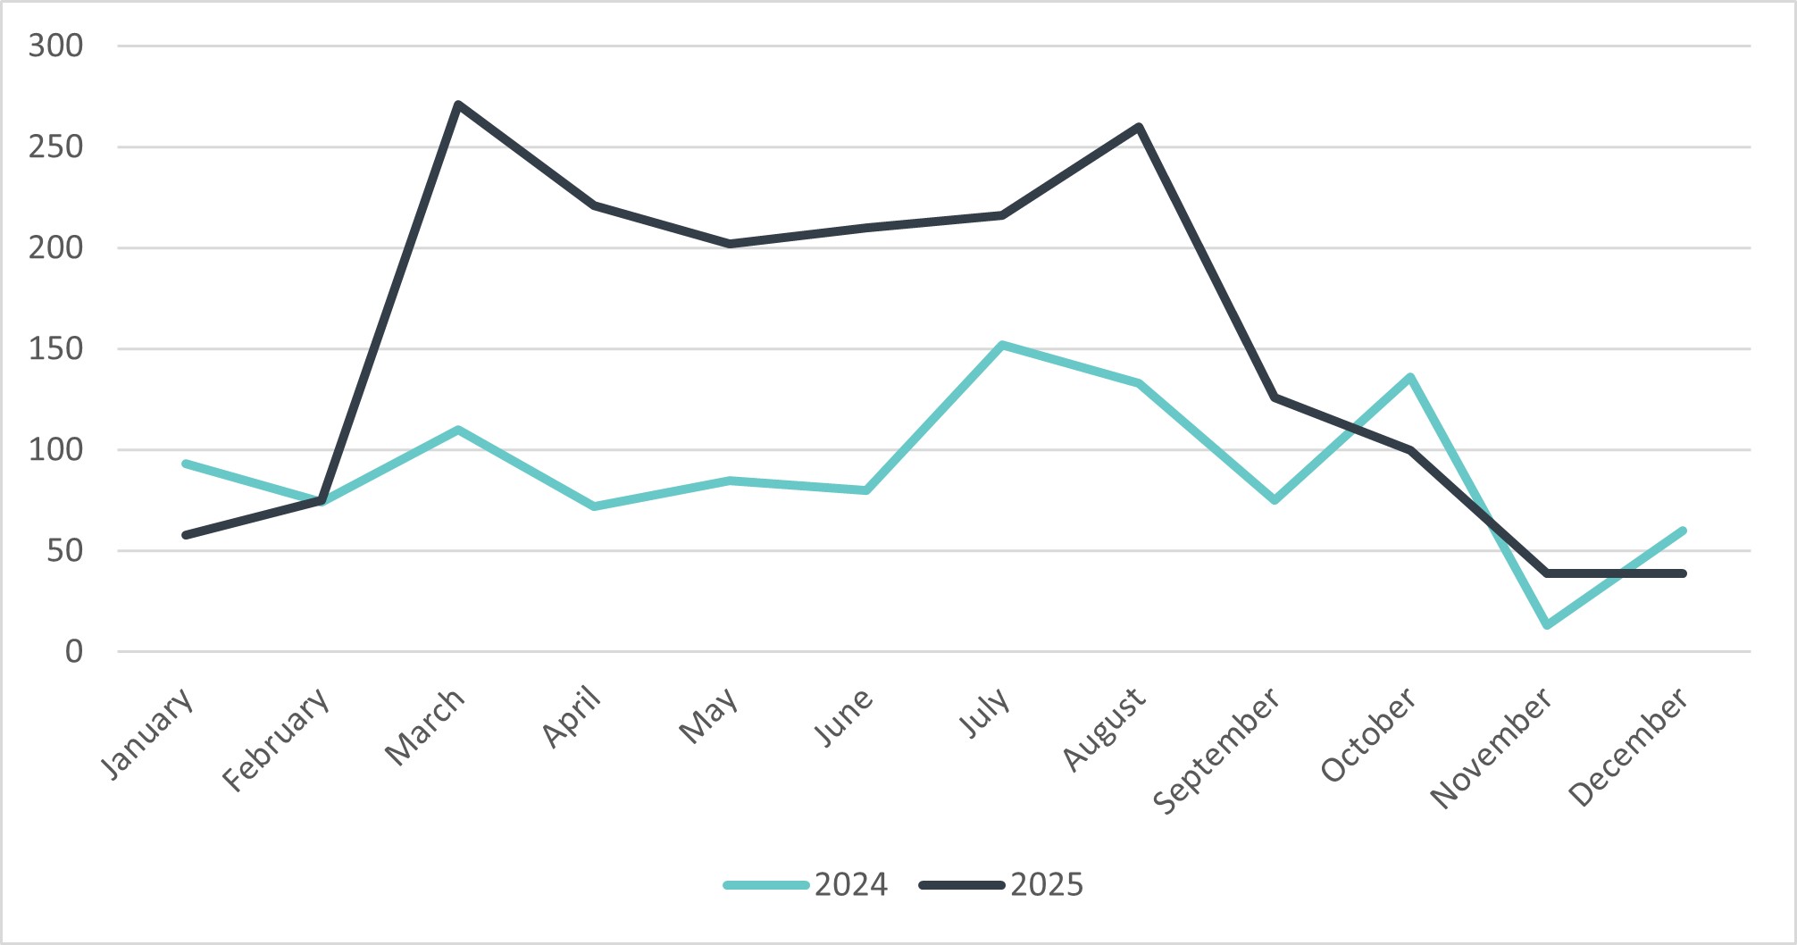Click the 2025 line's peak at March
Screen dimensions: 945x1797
(x=457, y=105)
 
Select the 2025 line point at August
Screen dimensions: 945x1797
(x=1139, y=127)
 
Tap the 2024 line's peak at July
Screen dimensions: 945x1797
(x=1002, y=345)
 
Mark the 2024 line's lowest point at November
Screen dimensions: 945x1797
(x=1547, y=624)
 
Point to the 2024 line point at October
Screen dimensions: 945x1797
(x=1410, y=377)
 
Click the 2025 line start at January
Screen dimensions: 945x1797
(x=185, y=535)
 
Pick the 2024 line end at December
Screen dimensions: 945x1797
(x=1683, y=531)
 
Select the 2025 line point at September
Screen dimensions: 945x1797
(x=1275, y=397)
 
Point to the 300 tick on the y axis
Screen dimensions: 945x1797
(x=55, y=46)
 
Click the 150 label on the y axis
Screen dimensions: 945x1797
(x=55, y=348)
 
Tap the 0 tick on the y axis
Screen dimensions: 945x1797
(x=73, y=652)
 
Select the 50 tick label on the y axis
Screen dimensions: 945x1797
(x=64, y=551)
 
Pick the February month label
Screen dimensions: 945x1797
(x=276, y=740)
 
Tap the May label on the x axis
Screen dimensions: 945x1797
(x=709, y=715)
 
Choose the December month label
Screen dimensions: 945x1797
(x=1628, y=748)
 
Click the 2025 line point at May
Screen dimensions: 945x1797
(x=730, y=244)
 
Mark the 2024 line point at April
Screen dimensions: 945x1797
(x=594, y=506)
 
